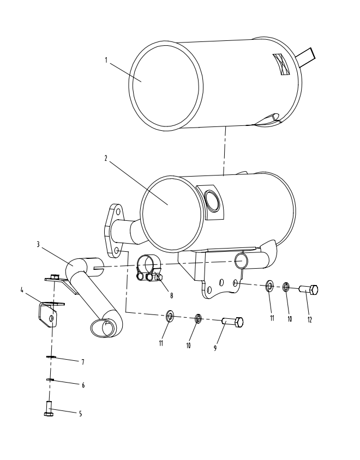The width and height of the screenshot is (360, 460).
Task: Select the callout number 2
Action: pos(106,158)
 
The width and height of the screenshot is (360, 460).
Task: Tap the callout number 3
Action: pos(38,245)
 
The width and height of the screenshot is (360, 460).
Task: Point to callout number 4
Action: pos(22,290)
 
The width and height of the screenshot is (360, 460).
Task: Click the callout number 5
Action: pos(80,414)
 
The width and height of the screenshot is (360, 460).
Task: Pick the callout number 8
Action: pos(171,295)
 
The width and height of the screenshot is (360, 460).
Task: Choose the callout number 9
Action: pos(215,347)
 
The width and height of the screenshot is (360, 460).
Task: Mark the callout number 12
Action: pos(309,319)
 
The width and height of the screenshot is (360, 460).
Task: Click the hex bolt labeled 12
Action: pos(309,290)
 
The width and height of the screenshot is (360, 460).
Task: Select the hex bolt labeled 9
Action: pos(232,323)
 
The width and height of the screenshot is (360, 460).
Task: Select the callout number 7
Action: pos(83,361)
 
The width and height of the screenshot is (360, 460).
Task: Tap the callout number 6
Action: pos(83,385)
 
